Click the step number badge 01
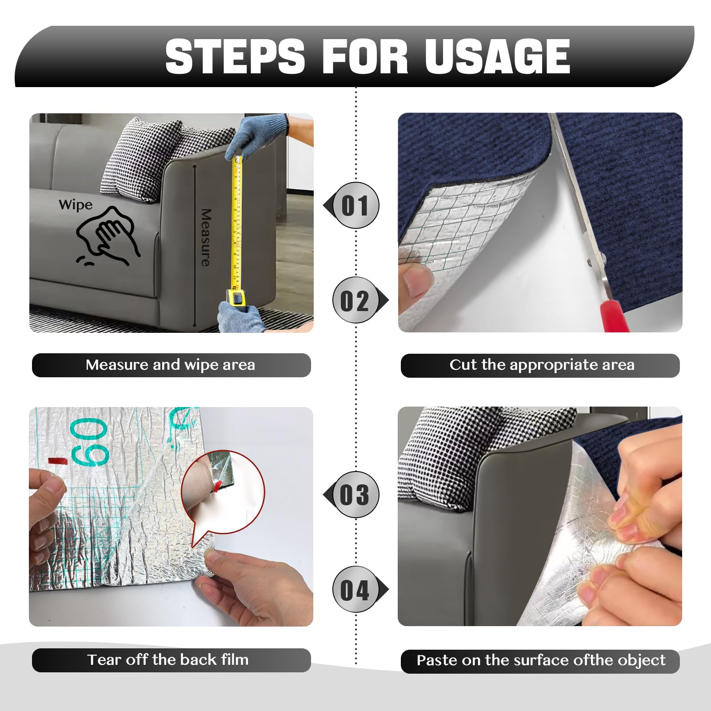coord(355,205)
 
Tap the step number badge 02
coord(355,300)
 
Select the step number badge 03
coord(355,495)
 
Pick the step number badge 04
coord(355,590)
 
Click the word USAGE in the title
coord(497,56)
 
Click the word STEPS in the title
coord(235,56)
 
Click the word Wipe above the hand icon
coord(76,205)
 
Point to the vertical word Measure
coord(205,238)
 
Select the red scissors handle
coord(613,316)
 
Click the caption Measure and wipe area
coord(171,365)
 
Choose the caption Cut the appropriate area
coord(542,365)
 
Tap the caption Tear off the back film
coord(168,659)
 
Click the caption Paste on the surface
coord(541,660)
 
